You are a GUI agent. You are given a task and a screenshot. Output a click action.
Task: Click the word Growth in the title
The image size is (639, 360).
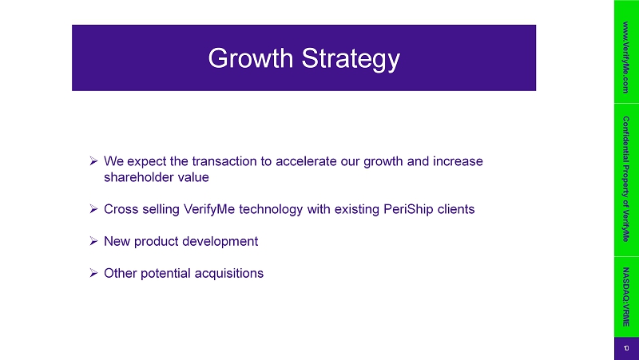tap(251, 58)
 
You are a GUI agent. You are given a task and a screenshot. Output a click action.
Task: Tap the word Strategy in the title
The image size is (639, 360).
tap(351, 60)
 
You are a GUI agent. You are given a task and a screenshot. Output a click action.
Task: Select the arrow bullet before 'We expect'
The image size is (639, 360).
tap(93, 161)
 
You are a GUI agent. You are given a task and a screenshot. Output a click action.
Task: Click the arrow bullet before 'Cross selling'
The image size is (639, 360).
tap(93, 209)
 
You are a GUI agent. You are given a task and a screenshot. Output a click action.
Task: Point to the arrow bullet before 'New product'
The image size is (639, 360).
tap(93, 241)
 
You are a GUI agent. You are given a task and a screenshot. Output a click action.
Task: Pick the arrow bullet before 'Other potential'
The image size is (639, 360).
tap(93, 273)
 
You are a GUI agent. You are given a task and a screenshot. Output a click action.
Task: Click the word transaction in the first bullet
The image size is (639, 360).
tap(225, 161)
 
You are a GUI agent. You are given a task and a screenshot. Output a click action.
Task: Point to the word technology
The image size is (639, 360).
tap(271, 210)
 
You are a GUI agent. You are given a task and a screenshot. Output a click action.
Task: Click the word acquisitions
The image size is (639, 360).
tap(229, 273)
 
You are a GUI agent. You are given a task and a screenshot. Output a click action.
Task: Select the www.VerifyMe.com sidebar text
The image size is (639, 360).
tap(626, 57)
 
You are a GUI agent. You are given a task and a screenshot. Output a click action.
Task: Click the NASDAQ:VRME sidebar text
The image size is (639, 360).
tap(626, 297)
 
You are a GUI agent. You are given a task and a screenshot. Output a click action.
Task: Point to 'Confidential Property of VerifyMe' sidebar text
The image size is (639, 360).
tap(626, 179)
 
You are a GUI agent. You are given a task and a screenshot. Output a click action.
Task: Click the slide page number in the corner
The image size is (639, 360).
tap(626, 349)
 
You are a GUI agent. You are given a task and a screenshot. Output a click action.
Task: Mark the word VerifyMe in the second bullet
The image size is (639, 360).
tap(209, 210)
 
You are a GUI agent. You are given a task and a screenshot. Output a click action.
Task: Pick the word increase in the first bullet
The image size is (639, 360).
tap(458, 161)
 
